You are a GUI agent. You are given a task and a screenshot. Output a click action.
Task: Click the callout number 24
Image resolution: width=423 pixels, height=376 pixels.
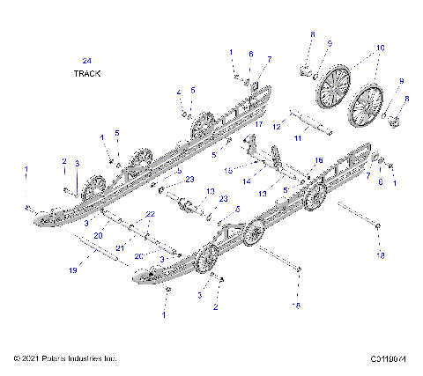[x=85, y=60]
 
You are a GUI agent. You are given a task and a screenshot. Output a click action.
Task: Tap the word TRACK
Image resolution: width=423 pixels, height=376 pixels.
[x=86, y=74]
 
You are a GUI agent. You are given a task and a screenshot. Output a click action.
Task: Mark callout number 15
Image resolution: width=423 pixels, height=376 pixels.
[x=227, y=170]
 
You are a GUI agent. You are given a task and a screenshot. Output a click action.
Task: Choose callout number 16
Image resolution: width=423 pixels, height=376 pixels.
[x=319, y=160]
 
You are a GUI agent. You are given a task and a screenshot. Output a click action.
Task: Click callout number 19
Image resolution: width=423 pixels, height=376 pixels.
[x=73, y=270]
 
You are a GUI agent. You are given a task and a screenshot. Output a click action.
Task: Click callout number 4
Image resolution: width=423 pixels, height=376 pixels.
[x=178, y=92]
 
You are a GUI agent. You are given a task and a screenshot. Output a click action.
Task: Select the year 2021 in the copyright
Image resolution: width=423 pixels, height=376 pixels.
[x=26, y=358]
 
